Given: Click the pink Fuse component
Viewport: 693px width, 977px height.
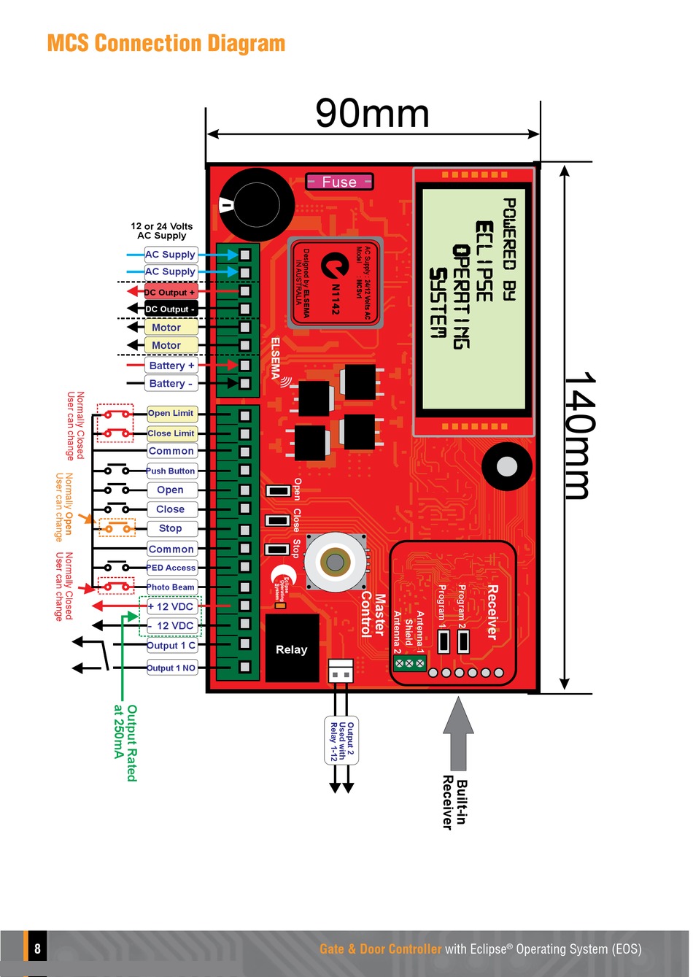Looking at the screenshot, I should (x=339, y=182).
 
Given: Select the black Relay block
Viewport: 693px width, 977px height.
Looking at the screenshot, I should (x=292, y=649).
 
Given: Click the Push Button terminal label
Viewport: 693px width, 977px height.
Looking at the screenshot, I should (x=171, y=471).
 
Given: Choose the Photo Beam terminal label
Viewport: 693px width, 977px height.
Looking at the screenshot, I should (x=171, y=587).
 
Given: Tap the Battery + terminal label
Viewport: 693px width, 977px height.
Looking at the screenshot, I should (x=171, y=366).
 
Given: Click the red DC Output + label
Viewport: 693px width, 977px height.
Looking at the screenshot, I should (x=171, y=292).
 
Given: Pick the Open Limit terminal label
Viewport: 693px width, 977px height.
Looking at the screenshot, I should (x=171, y=413).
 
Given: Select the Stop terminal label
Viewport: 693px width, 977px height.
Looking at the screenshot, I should (x=171, y=528).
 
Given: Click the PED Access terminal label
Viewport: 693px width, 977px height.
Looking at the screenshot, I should (x=171, y=568).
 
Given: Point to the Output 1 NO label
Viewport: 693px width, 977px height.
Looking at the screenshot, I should (x=171, y=668).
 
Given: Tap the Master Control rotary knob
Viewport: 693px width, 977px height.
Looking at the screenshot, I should (x=335, y=562).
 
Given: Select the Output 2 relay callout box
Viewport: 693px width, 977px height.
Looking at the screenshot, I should (x=341, y=741).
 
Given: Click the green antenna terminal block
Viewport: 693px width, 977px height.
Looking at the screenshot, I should (x=409, y=663).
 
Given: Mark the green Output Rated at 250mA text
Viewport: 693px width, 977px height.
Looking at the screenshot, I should (x=125, y=743).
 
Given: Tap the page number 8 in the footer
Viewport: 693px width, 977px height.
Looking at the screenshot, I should (x=37, y=949).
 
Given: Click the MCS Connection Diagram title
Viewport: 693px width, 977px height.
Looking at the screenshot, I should (x=166, y=43).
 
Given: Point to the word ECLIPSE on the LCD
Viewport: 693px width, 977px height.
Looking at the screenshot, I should (x=484, y=261).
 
